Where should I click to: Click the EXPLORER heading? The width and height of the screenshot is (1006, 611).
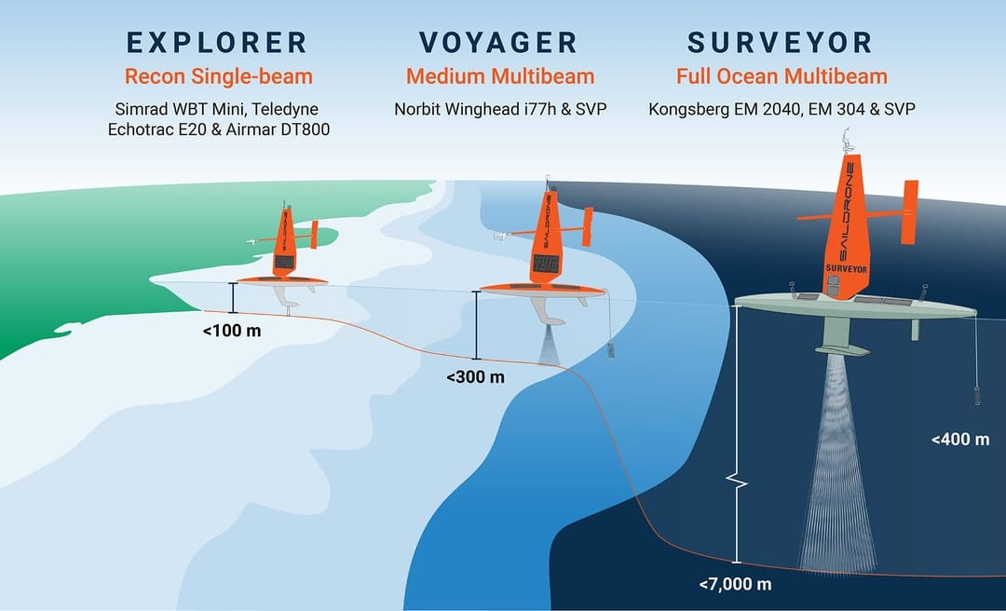[x=216, y=43]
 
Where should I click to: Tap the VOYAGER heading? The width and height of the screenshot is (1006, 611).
[x=498, y=43]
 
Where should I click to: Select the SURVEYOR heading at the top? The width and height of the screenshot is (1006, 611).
[x=781, y=43]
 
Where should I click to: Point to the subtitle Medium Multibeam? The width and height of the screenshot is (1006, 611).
[x=499, y=75]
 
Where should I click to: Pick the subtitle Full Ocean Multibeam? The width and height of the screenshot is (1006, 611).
[x=782, y=75]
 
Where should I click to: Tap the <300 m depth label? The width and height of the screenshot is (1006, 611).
[x=475, y=377]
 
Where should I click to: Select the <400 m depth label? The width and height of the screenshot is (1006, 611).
[x=960, y=439]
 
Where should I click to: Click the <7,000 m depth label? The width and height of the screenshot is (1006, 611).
[x=735, y=585]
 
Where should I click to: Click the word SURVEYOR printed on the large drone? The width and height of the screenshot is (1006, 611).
[x=847, y=268]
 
